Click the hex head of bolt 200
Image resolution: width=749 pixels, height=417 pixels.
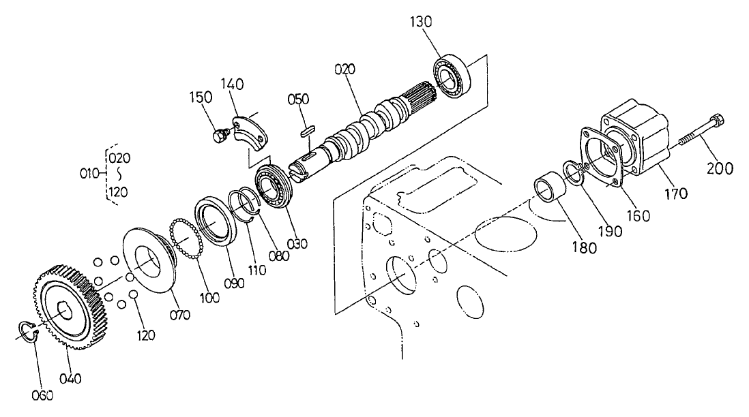[x=716, y=123]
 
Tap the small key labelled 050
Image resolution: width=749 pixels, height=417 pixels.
[x=308, y=128]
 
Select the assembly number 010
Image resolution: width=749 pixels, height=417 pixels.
[x=88, y=174]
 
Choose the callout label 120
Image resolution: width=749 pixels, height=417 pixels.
[x=146, y=335]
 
